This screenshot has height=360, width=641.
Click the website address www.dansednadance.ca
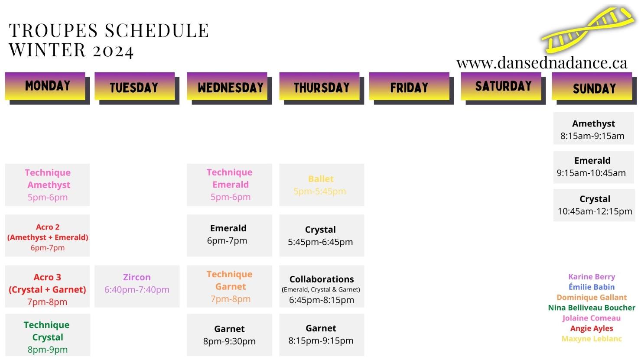(x=542, y=63)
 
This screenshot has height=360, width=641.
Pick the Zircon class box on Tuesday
(x=137, y=286)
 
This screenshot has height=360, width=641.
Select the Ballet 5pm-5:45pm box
(x=322, y=185)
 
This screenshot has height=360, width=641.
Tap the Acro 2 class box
(x=48, y=235)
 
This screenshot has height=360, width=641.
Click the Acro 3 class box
(x=48, y=286)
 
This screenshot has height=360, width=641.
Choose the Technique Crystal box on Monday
(x=48, y=335)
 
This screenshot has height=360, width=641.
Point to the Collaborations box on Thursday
(x=322, y=286)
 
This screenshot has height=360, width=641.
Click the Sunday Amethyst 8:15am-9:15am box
(x=593, y=128)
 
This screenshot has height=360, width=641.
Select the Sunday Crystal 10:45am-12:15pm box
(x=594, y=205)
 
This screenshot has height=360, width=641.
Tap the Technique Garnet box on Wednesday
(x=230, y=286)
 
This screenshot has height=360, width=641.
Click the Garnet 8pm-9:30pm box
(x=230, y=335)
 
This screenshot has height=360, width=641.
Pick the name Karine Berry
(x=592, y=277)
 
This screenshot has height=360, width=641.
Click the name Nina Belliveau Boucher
(x=592, y=308)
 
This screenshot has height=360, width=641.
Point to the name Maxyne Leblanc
(x=592, y=339)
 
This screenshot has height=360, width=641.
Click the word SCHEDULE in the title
(x=157, y=30)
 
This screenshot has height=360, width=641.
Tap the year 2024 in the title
(x=113, y=50)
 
